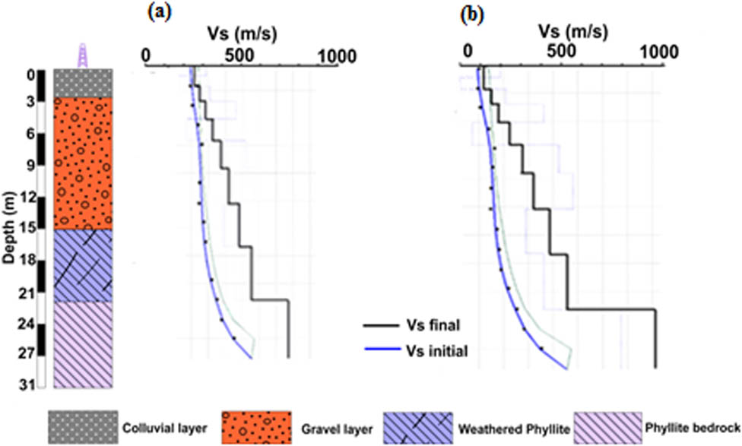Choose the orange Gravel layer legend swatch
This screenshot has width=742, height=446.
tap(256, 425)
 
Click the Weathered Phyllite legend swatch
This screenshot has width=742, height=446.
tap(418, 425)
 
